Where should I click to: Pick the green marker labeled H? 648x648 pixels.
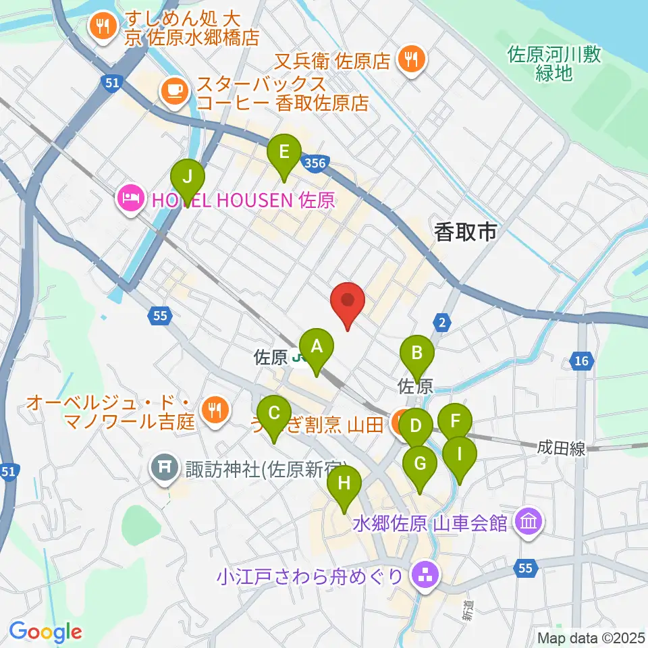344,484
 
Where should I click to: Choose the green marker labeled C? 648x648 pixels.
274,414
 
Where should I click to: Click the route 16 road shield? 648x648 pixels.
581,362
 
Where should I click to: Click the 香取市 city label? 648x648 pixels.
465,233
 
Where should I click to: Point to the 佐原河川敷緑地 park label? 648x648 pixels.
553,64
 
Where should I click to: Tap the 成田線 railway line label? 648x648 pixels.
562,448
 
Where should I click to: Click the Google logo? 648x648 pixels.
45,632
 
